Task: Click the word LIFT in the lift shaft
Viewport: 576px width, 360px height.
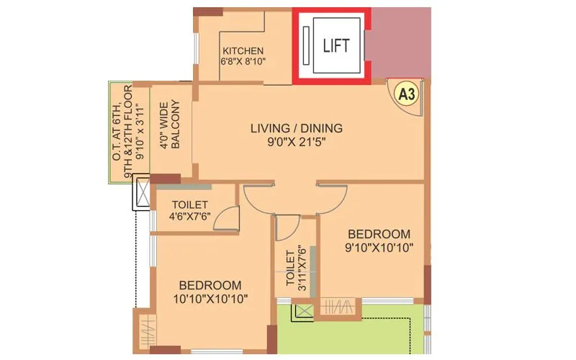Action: pyautogui.click(x=336, y=45)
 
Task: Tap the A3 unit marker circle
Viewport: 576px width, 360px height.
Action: pyautogui.click(x=407, y=93)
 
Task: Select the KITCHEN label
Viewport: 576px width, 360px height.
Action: pyautogui.click(x=243, y=51)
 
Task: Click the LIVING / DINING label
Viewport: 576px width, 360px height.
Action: pyautogui.click(x=296, y=129)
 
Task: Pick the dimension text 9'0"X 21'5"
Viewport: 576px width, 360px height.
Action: pyautogui.click(x=296, y=143)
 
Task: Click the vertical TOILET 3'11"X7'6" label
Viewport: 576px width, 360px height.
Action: pyautogui.click(x=294, y=268)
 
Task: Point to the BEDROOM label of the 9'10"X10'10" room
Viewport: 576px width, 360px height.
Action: pyautogui.click(x=379, y=234)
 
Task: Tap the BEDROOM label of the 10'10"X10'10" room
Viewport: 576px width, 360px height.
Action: pyautogui.click(x=210, y=284)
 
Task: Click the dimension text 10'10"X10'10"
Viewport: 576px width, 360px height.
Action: pyautogui.click(x=210, y=299)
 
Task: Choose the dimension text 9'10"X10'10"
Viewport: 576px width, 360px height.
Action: pyautogui.click(x=379, y=248)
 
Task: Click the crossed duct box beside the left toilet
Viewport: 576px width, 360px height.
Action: pyautogui.click(x=141, y=194)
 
